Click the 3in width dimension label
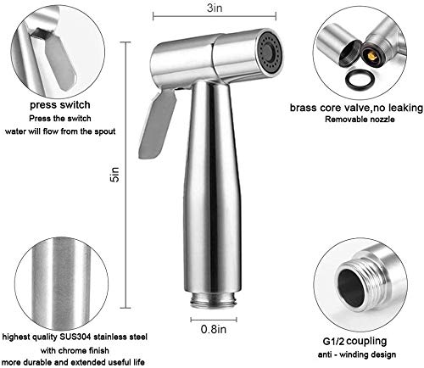(215, 8)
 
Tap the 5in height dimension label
(115, 175)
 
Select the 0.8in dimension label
(214, 329)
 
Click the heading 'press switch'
(60, 105)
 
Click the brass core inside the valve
(372, 56)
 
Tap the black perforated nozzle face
(270, 53)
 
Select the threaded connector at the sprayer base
(214, 300)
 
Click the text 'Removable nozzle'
(360, 120)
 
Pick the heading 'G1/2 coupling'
(354, 341)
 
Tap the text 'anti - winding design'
(357, 354)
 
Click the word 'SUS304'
(75, 337)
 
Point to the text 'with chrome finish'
(75, 350)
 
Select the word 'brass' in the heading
(304, 108)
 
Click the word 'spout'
(105, 131)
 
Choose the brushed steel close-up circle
(62, 283)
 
